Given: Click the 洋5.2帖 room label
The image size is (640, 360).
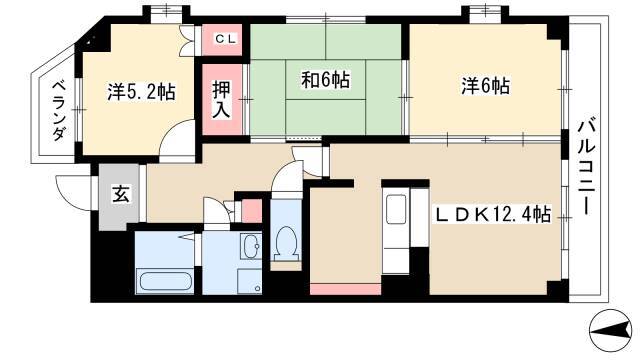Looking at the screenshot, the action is coord(142,92).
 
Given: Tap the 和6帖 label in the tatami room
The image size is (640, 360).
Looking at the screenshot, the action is coord(325,80).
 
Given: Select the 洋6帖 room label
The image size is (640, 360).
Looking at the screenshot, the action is coord(485,86).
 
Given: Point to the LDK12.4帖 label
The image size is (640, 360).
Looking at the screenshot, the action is coord(493,214).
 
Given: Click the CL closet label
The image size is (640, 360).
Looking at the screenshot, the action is coord(226,39).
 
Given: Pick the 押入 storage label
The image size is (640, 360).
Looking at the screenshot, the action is coord(221,100).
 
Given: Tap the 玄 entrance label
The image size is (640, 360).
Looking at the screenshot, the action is coord(121,193).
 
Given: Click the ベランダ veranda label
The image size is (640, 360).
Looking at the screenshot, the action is coord(60,111).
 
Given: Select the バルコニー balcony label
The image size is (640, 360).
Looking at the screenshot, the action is coord(586,166).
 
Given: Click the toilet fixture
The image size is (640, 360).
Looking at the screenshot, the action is coord(287,243).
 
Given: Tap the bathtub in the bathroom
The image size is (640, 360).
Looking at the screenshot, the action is coord(165,281).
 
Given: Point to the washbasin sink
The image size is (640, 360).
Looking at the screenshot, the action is coord(251,246).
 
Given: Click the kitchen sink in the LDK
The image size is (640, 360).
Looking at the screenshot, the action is coord(396,209).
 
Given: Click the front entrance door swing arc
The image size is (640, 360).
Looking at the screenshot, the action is coord(73,193).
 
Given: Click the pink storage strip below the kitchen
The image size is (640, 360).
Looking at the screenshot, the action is coord(346,289).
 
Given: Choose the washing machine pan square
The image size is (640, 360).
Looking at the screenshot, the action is coord(250,281).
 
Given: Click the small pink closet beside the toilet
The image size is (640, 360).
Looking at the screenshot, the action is coord(251,211).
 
